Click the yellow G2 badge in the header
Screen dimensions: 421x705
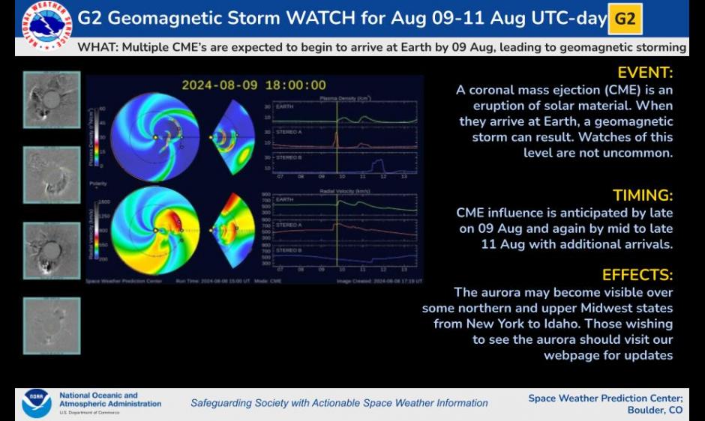click(x=625, y=19)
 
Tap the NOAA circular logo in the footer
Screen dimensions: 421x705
click(x=36, y=403)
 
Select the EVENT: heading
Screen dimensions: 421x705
click(x=645, y=73)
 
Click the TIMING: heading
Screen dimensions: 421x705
click(x=643, y=196)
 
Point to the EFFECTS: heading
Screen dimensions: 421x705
click(x=639, y=275)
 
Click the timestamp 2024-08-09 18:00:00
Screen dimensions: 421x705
click(x=253, y=85)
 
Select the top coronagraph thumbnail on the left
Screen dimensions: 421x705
click(x=52, y=99)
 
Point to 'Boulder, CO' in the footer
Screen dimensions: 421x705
click(x=655, y=411)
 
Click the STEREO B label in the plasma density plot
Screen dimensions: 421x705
click(x=289, y=157)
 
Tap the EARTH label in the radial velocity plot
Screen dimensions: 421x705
click(x=285, y=200)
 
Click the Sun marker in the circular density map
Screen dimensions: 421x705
click(x=155, y=137)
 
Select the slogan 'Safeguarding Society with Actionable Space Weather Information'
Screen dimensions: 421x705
click(x=339, y=403)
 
